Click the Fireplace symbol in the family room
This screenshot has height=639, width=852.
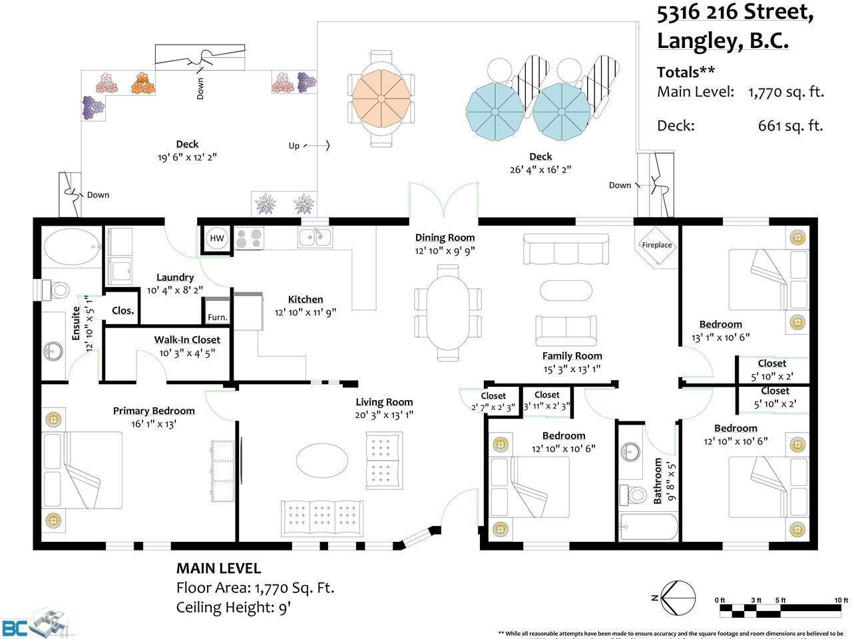coord(656,245)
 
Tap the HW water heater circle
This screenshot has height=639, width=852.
coord(217,238)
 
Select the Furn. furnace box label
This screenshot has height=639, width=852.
coord(217,318)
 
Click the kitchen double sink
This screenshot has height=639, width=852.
coord(315,237)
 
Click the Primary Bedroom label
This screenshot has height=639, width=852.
coord(154,411)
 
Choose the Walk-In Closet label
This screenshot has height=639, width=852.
coord(187,339)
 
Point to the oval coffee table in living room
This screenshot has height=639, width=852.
coord(321,459)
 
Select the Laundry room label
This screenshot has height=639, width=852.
coord(175,278)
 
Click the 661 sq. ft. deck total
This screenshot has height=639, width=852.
coord(790,125)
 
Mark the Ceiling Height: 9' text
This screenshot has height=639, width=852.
coord(233,607)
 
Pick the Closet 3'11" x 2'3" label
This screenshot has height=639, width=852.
coord(546,395)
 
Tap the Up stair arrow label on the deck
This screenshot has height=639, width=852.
coord(294,146)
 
